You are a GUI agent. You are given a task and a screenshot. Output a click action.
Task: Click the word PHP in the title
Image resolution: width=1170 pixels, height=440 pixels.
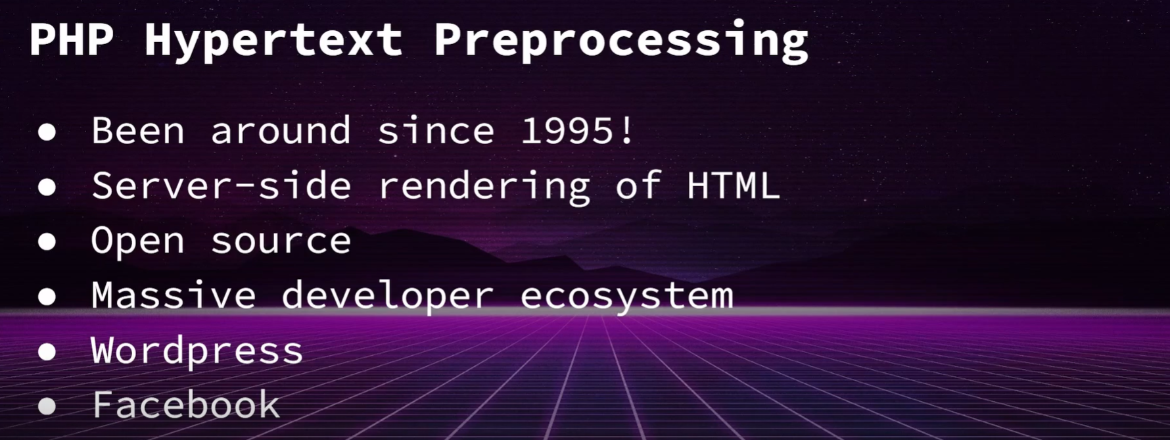coord(71,40)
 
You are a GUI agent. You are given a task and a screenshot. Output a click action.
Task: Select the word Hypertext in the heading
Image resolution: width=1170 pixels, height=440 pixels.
coord(273,41)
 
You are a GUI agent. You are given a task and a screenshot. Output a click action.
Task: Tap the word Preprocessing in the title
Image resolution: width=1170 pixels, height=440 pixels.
coord(620,41)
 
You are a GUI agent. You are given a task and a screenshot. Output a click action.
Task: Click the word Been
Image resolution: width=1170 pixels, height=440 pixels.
coord(138,131)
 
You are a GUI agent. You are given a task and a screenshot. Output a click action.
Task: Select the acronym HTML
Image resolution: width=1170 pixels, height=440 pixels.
coord(733,185)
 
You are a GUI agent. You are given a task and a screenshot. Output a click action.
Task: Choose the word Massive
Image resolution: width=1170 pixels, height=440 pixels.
coord(174,295)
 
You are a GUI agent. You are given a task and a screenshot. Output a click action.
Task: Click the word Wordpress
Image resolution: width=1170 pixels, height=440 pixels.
coord(197,351)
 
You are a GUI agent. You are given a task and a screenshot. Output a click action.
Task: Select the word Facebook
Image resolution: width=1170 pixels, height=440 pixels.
coord(186,404)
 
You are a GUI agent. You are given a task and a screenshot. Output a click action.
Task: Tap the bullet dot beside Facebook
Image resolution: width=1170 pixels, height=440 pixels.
coord(47,406)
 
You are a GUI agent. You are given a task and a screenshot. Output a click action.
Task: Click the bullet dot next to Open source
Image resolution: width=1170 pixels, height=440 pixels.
coord(47,242)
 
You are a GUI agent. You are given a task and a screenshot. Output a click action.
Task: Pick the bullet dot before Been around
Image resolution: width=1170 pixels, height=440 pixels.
coord(47,132)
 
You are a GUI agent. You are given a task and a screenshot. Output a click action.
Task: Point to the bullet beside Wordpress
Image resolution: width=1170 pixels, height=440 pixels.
coord(47,352)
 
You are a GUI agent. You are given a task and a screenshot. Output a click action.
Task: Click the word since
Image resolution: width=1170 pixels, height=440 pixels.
coord(436,131)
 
